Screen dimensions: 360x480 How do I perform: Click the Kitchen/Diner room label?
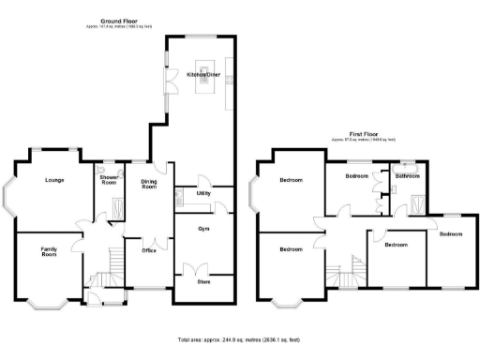tap(202, 72)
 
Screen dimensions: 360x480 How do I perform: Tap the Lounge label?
tap(54, 180)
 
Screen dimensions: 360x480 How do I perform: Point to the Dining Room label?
tap(149, 185)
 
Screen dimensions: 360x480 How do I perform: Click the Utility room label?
tap(202, 193)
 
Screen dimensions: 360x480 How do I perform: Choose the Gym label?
tap(202, 228)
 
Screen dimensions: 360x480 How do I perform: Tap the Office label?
tap(149, 250)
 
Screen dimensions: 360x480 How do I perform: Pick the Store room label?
tap(202, 281)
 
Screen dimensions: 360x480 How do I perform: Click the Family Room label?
tap(49, 251)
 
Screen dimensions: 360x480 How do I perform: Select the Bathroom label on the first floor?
tap(407, 175)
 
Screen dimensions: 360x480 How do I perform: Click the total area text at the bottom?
tap(242, 339)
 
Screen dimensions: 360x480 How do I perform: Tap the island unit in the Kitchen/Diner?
tap(202, 86)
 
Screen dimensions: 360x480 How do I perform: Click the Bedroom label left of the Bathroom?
tap(356, 175)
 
